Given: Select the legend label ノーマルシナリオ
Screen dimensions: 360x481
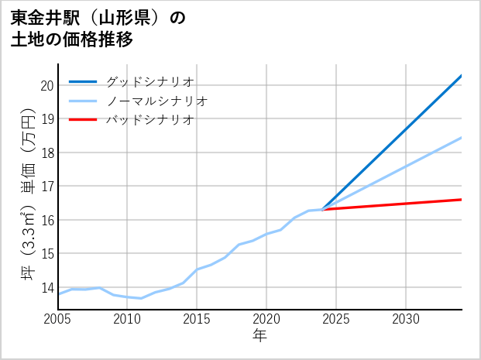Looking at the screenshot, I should pyautogui.click(x=156, y=101).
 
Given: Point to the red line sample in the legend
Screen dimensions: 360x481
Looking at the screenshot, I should pyautogui.click(x=83, y=120).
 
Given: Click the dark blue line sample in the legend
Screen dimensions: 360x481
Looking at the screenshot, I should pyautogui.click(x=83, y=81).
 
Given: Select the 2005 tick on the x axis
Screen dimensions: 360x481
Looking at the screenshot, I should pyautogui.click(x=58, y=319).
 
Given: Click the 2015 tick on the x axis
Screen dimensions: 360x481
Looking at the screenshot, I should pyautogui.click(x=197, y=319).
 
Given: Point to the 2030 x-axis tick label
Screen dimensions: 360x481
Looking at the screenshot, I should pyautogui.click(x=406, y=319).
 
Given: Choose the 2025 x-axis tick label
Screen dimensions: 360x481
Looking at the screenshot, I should pyautogui.click(x=336, y=319).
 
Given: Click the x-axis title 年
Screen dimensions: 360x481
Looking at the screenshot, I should pyautogui.click(x=259, y=336).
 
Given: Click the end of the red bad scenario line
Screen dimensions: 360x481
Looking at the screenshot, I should pyautogui.click(x=462, y=200).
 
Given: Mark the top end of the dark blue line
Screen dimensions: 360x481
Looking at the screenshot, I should pyautogui.click(x=462, y=75).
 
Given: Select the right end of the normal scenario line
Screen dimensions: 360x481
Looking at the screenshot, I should pyautogui.click(x=462, y=138).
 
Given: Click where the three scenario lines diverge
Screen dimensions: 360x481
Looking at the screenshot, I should pyautogui.click(x=322, y=209).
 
